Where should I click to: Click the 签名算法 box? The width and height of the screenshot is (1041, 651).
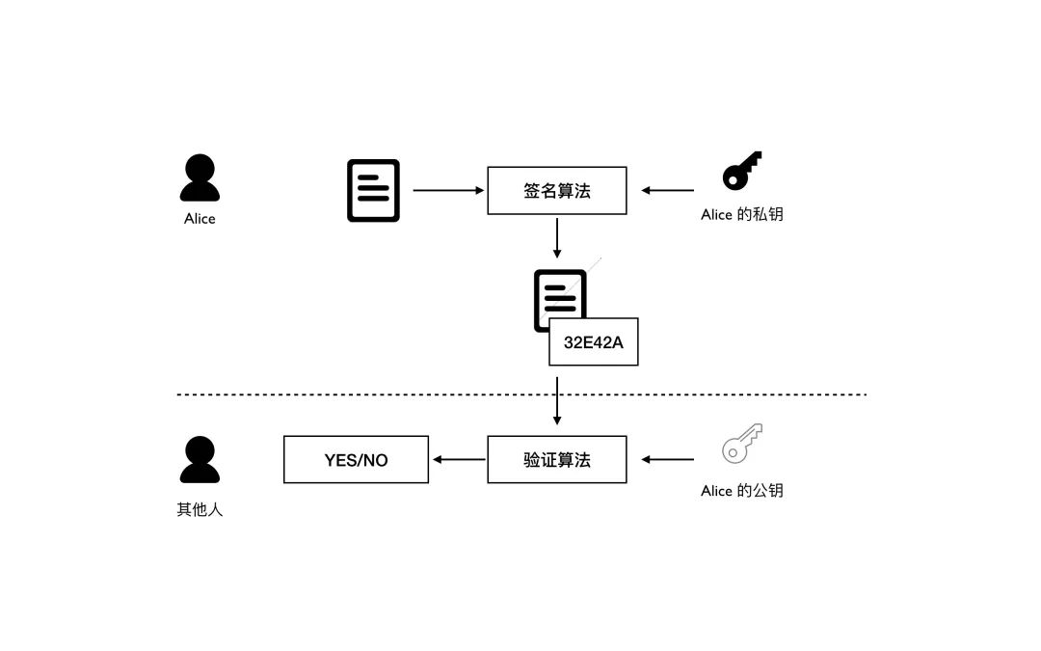(557, 191)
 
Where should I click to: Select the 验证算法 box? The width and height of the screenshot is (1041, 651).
(557, 460)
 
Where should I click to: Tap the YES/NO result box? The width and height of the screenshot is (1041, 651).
(356, 460)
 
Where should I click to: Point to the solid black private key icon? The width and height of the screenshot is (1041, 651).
(741, 171)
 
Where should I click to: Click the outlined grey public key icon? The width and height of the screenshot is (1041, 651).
(741, 444)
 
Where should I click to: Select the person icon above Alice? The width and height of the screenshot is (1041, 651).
(200, 178)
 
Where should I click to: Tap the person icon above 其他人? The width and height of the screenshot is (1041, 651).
(200, 460)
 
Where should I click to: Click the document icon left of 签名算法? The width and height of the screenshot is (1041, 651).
(373, 191)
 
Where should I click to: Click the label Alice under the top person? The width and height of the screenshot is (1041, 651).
(200, 219)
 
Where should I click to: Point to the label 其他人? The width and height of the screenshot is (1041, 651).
(200, 509)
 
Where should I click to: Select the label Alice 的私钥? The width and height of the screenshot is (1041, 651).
(741, 215)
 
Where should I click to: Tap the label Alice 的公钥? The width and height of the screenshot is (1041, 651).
(741, 491)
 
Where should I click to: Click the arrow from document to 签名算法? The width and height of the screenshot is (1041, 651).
(448, 191)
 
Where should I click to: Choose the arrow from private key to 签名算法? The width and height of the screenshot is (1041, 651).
(668, 191)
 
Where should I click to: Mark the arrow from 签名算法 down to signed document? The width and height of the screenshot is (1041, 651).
(557, 238)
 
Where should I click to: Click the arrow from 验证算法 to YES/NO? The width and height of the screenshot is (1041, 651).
(459, 460)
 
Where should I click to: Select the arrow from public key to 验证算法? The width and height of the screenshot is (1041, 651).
(668, 460)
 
